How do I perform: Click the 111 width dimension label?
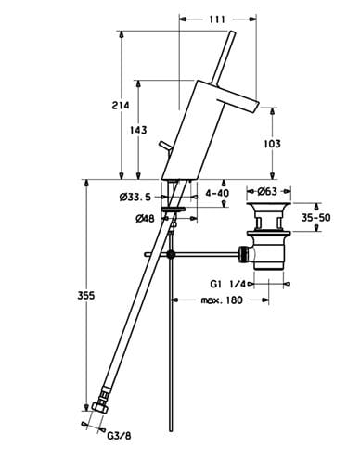click(x=217, y=19)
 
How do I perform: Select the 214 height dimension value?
click(x=121, y=106)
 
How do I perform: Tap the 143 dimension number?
click(x=138, y=130)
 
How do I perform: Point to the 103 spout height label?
click(x=272, y=144)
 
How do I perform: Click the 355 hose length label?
click(x=85, y=296)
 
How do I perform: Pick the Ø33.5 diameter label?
click(x=135, y=197)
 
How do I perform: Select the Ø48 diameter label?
click(x=145, y=219)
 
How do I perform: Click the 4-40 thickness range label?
click(x=217, y=193)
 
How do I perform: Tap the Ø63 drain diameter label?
click(x=267, y=192)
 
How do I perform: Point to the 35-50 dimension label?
click(x=315, y=218)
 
